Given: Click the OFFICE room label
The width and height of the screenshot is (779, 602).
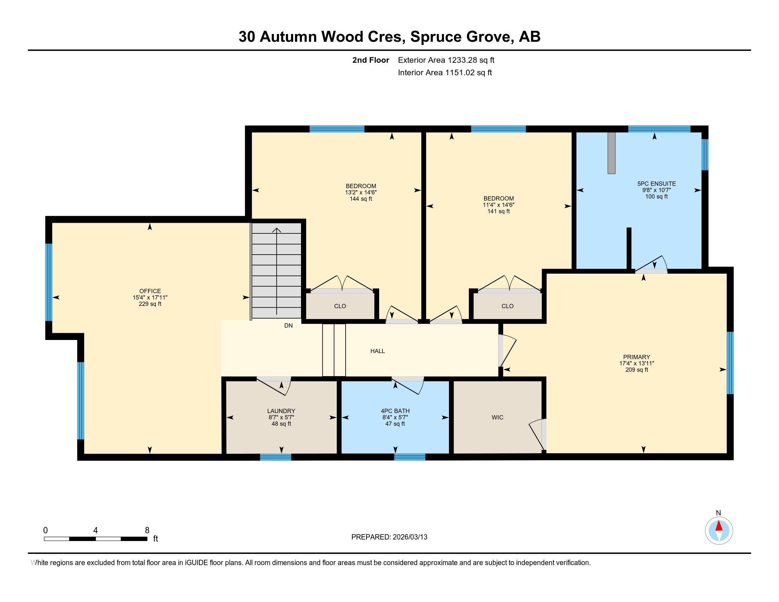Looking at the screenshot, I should click(150, 291).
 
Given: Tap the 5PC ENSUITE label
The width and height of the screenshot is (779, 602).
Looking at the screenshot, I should click(656, 184).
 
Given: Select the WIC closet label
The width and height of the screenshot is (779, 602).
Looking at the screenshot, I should click(497, 417).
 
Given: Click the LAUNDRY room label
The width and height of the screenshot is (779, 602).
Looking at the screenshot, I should click(282, 411).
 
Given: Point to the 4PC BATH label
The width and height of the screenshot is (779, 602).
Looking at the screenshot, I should click(395, 411).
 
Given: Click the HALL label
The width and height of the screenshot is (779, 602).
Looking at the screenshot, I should click(377, 351).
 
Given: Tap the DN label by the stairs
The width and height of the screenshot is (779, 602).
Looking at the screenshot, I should click(288, 325).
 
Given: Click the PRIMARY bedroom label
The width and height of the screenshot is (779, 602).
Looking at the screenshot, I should click(636, 357).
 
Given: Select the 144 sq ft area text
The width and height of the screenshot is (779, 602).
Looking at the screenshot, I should click(360, 199).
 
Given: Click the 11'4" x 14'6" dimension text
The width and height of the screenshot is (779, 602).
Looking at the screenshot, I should click(498, 205).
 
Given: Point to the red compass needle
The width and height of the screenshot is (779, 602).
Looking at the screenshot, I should click(719, 526).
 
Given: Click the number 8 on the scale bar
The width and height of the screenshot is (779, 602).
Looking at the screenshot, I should click(147, 530).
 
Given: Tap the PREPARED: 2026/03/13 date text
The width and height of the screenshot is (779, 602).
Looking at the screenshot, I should click(389, 537).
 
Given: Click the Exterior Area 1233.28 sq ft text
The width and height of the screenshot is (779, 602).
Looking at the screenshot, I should click(446, 60).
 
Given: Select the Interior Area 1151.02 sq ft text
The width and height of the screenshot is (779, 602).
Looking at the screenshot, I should click(445, 73).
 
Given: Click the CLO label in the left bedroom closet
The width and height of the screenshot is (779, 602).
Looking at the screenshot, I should click(340, 306).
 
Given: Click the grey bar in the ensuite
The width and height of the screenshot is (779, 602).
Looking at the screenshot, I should click(612, 153).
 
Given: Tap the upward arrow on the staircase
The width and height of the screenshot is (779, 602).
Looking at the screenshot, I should click(277, 230).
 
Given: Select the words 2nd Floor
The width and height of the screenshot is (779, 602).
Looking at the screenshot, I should click(371, 60).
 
